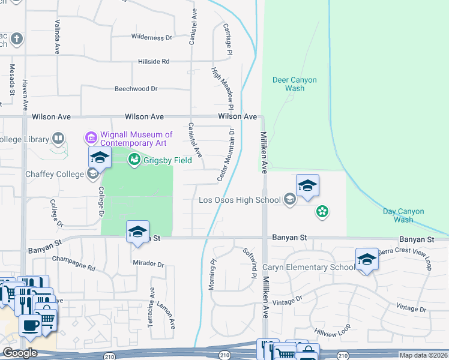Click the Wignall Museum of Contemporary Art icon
tap(91, 138)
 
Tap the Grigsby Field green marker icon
tap(134, 160)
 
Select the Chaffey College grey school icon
tap(92, 174)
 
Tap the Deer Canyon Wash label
tap(295, 84)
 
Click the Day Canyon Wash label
tap(403, 215)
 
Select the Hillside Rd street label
tap(154, 61)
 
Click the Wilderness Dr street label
tap(151, 37)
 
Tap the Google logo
tap(20, 353)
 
